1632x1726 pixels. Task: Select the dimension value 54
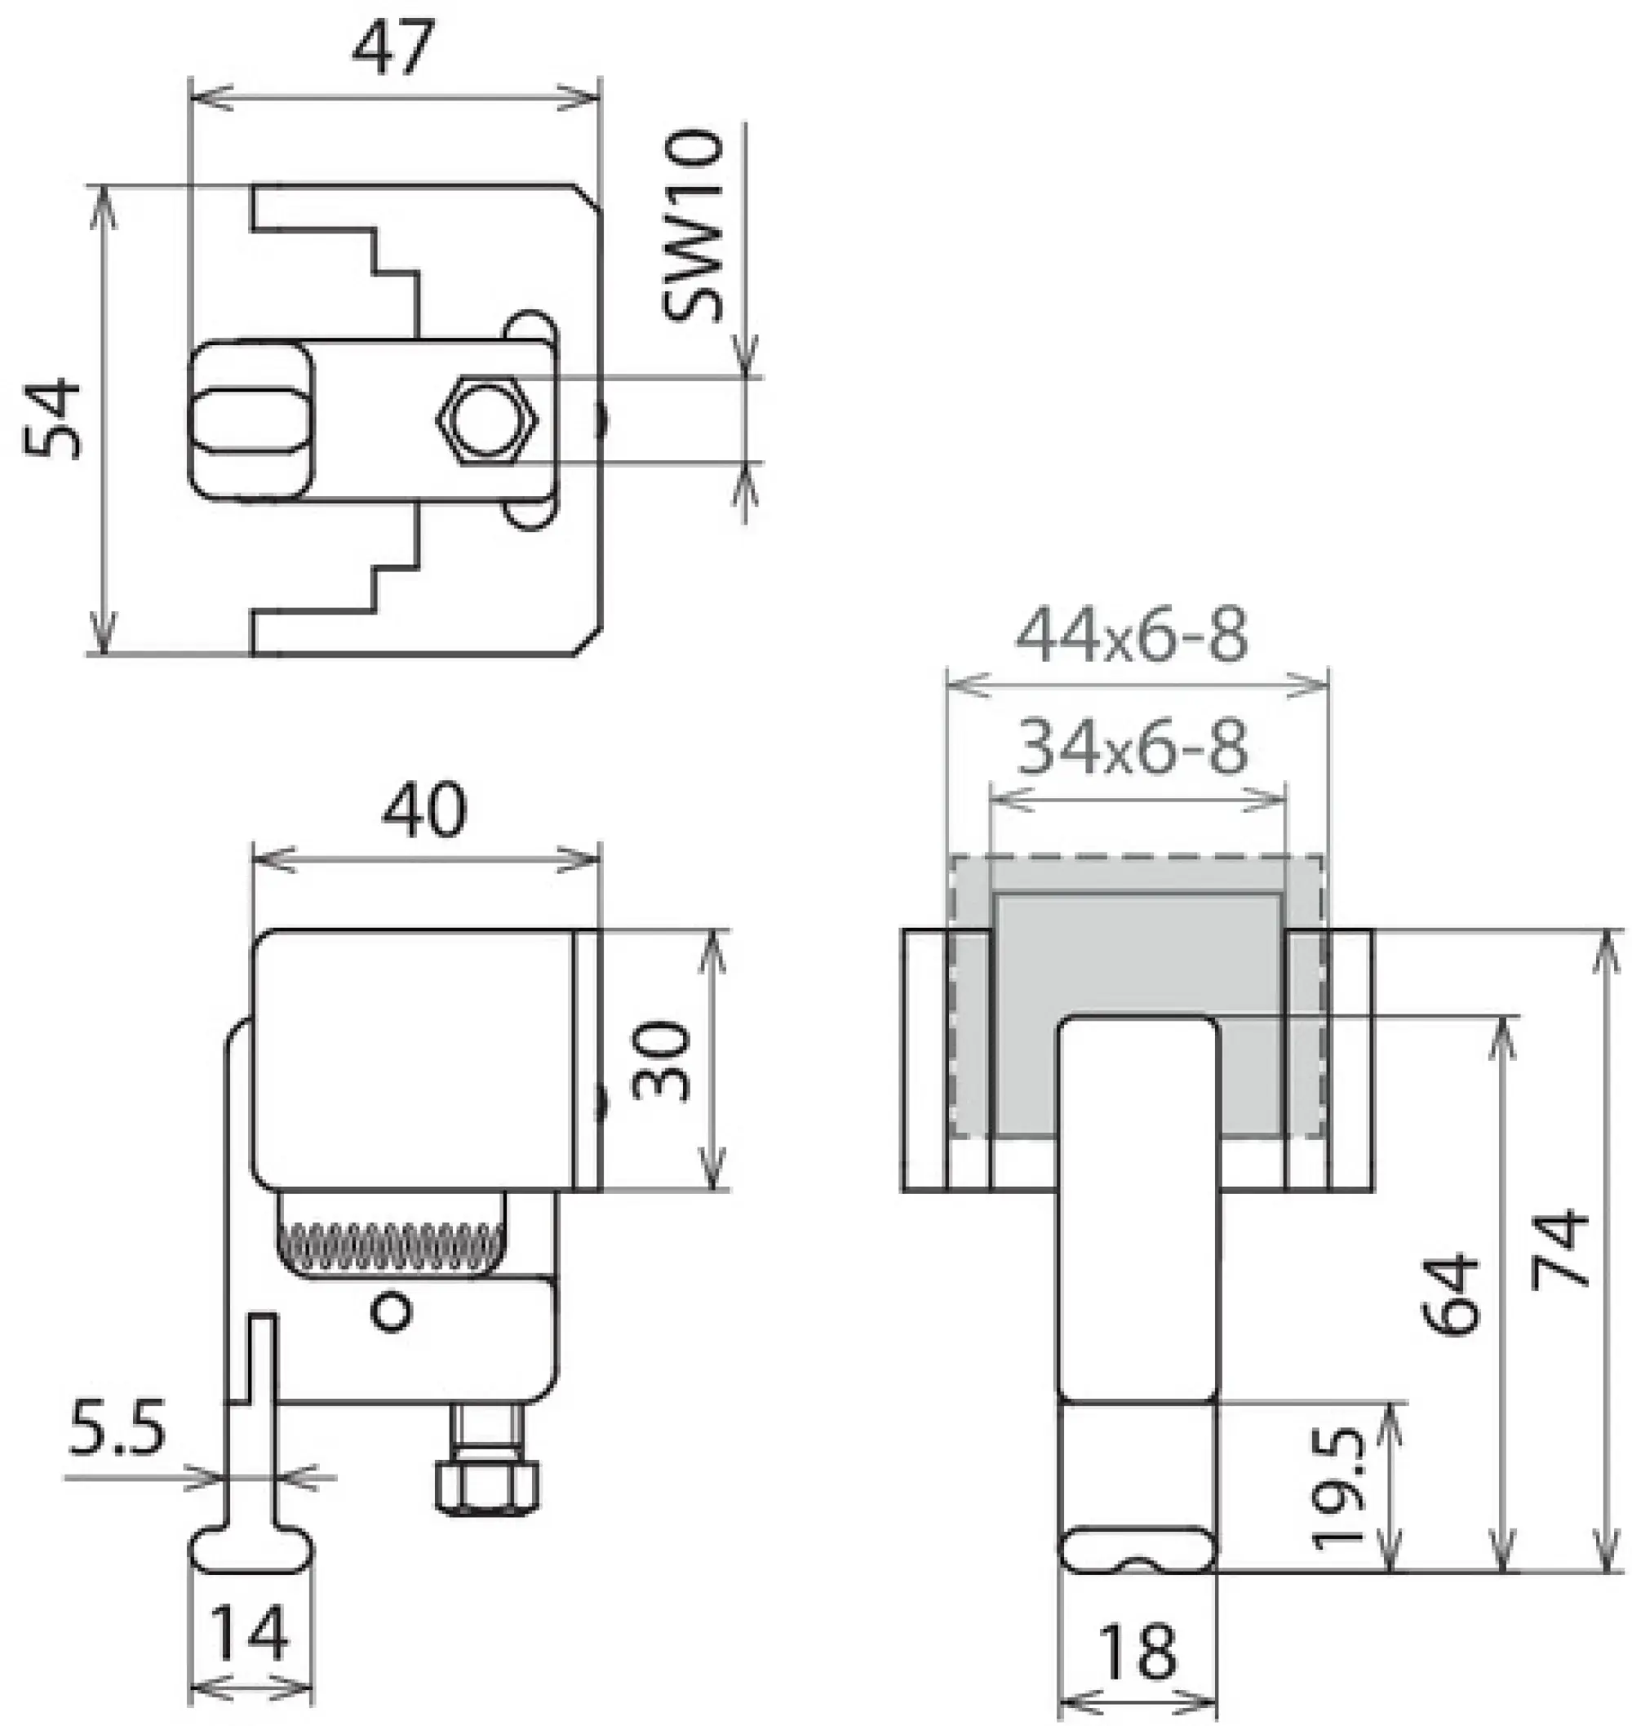click(x=52, y=419)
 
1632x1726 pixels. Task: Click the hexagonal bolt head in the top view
click(x=487, y=420)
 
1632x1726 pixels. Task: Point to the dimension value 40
click(x=424, y=810)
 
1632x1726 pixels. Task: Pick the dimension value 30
click(x=661, y=1060)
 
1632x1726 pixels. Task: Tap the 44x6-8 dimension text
click(x=1132, y=636)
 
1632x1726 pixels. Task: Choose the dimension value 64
click(x=1451, y=1294)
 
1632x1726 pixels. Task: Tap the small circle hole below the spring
click(x=391, y=1312)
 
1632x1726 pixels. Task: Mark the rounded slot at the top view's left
click(x=250, y=421)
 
